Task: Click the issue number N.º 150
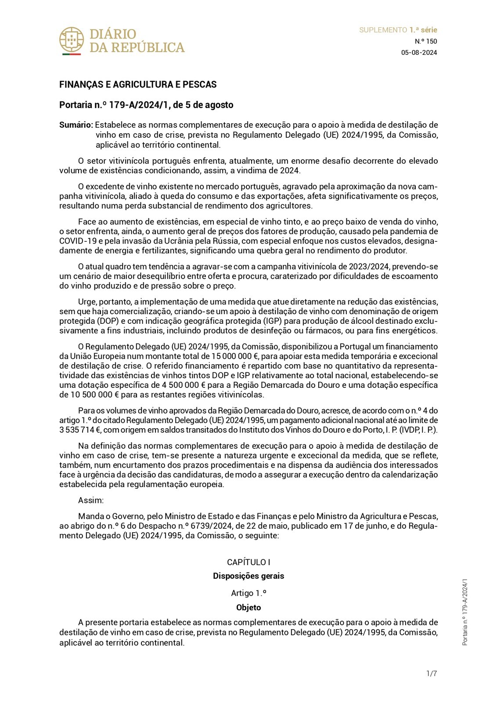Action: pyautogui.click(x=426, y=41)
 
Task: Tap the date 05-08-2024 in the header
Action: pyautogui.click(x=419, y=53)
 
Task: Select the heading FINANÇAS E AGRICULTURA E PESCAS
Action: pyautogui.click(x=138, y=84)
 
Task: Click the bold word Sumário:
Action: pyautogui.click(x=76, y=125)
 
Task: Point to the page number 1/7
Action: pyautogui.click(x=432, y=673)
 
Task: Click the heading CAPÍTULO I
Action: pyautogui.click(x=248, y=562)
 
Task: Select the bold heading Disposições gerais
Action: pyautogui.click(x=248, y=576)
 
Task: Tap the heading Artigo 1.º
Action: pyautogui.click(x=248, y=593)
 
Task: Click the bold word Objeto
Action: pyautogui.click(x=248, y=608)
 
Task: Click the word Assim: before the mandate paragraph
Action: pyautogui.click(x=91, y=500)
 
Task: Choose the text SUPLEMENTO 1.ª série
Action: pyautogui.click(x=398, y=30)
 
